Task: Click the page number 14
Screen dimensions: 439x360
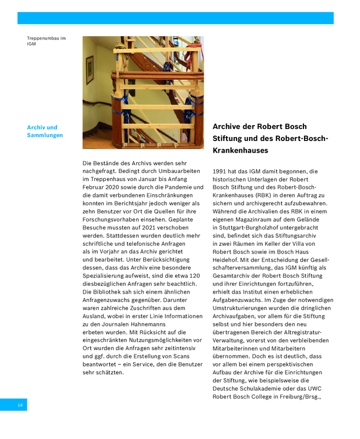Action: tap(20, 405)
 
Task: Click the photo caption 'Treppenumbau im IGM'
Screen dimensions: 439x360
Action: tap(46, 41)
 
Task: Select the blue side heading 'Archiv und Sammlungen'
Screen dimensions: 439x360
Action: tap(44, 131)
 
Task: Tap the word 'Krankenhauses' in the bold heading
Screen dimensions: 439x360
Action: tap(240, 150)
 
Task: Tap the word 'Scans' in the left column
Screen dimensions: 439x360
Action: tap(181, 356)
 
